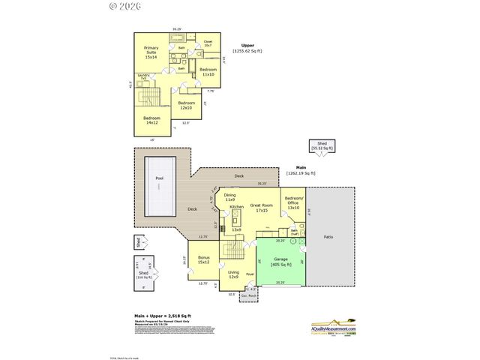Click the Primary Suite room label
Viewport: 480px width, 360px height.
click(151, 52)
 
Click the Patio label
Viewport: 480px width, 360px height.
click(328, 237)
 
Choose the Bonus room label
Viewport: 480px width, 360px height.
click(204, 259)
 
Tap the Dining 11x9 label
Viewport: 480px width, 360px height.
click(229, 197)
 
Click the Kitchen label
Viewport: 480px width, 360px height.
click(236, 206)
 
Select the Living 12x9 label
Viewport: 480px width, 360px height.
click(233, 274)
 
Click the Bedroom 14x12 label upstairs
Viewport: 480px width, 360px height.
click(151, 120)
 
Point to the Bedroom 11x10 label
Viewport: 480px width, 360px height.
click(208, 72)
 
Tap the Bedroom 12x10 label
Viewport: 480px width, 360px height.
click(187, 105)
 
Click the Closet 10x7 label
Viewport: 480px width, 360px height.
click(208, 43)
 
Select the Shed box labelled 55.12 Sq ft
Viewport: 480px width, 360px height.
click(322, 146)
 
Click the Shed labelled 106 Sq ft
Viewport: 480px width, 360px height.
click(143, 274)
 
